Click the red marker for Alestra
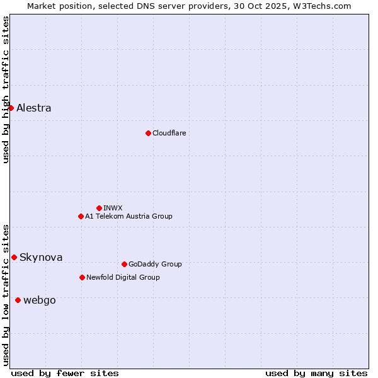pos(11,108)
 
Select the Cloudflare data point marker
pos(148,133)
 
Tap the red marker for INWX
pos(99,208)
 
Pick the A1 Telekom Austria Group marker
pos(81,216)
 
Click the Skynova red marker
pos(14,257)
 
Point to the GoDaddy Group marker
pos(124,264)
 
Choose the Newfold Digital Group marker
pos(82,277)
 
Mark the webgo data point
pos(18,300)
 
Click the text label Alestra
pos(34,108)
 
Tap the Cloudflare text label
pos(169,133)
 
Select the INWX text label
pos(113,208)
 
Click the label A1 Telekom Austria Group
pos(129,216)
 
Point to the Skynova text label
pos(41,257)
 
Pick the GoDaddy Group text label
pos(155,264)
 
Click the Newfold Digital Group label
pos(123,277)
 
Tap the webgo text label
pos(39,300)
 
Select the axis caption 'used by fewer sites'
pos(65,373)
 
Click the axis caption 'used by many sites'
pos(316,373)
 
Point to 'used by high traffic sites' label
pos(6,89)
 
